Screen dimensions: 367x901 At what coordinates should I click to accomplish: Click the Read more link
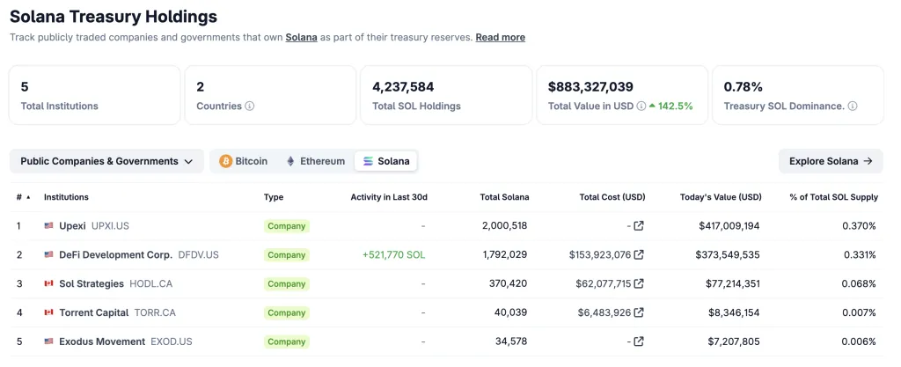click(x=500, y=37)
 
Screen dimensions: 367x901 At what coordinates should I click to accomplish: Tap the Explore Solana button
click(x=831, y=161)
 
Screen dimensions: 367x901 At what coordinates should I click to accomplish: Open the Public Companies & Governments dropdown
click(x=106, y=161)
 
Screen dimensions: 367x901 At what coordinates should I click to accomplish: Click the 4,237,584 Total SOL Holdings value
click(x=403, y=86)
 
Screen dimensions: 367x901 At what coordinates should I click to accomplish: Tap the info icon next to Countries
click(x=250, y=106)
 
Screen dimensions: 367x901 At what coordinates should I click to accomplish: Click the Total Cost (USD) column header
click(x=612, y=197)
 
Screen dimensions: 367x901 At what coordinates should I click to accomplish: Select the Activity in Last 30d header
click(x=388, y=197)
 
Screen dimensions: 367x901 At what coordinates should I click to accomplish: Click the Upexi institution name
click(x=72, y=226)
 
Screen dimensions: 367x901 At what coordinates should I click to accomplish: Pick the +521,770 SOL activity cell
click(x=394, y=255)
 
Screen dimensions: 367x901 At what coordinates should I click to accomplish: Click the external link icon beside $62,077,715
click(x=639, y=283)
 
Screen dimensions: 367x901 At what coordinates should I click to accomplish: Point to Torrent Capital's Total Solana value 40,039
click(x=509, y=312)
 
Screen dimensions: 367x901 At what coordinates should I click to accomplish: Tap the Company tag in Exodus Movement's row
click(x=287, y=341)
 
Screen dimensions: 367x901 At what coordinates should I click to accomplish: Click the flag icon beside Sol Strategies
click(x=49, y=283)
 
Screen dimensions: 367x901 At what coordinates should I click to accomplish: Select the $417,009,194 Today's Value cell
click(x=721, y=226)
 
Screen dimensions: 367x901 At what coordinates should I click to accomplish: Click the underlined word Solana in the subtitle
click(x=301, y=37)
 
